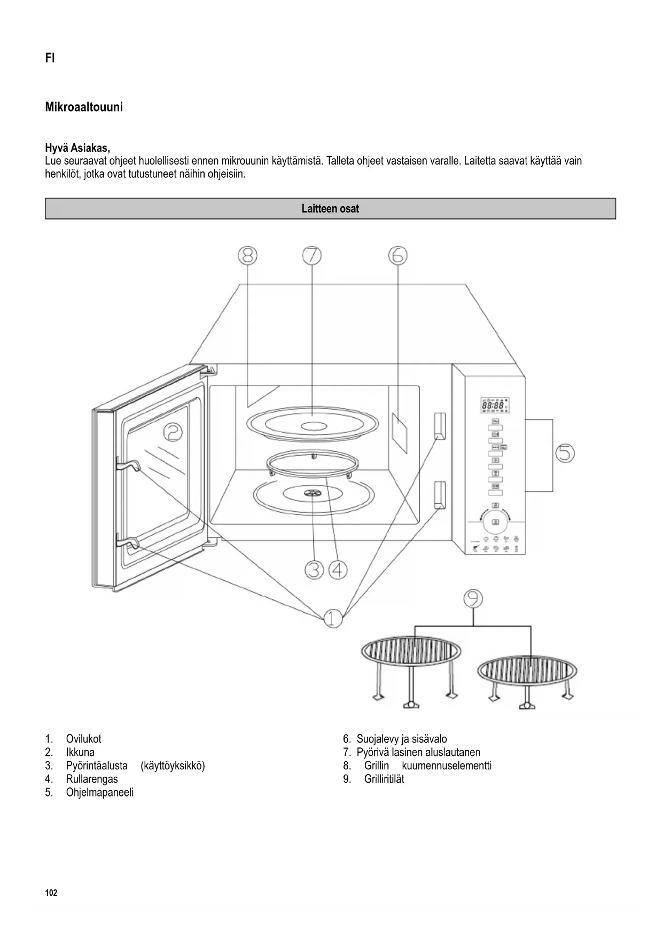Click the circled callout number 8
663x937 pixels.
(247, 255)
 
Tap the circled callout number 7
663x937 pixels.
(312, 255)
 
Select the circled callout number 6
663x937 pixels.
(397, 255)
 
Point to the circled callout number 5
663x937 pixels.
(565, 454)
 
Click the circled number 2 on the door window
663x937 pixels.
(173, 432)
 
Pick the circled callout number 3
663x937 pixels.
(314, 570)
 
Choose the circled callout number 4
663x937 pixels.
(338, 570)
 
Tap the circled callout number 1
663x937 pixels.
(333, 619)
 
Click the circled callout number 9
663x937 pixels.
(473, 598)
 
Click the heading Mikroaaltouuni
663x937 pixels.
(84, 107)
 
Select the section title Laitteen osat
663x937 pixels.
(330, 209)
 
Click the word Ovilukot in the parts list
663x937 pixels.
(83, 739)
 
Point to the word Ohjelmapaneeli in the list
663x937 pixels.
(100, 792)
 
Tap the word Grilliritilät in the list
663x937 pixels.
(384, 779)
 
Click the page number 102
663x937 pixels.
(51, 893)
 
